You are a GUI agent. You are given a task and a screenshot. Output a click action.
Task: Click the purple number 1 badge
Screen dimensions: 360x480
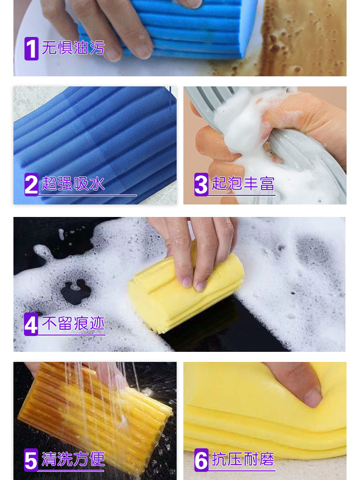(31, 48)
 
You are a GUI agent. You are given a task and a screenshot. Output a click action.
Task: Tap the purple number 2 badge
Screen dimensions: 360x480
(31, 184)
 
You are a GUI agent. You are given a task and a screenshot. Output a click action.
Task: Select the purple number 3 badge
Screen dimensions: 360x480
(201, 184)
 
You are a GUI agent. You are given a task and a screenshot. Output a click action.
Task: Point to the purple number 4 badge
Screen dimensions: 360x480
(31, 324)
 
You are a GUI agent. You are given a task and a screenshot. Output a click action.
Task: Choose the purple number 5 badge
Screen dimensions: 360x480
(31, 460)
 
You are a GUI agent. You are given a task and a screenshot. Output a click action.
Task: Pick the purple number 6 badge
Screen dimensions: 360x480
(201, 460)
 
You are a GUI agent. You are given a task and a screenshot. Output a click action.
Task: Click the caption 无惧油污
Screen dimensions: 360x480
(73, 48)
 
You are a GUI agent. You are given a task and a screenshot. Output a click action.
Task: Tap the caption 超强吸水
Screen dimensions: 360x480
(73, 184)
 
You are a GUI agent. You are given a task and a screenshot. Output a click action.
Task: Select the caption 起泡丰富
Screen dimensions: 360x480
(243, 184)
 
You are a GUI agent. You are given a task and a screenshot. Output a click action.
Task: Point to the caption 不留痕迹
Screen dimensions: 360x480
(73, 323)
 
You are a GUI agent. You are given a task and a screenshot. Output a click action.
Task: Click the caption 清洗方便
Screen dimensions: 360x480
(73, 459)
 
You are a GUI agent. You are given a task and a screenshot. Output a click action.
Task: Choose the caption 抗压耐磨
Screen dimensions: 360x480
(243, 459)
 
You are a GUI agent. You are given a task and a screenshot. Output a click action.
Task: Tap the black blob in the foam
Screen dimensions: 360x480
(76, 292)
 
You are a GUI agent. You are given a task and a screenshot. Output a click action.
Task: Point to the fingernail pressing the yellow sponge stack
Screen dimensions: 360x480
(312, 398)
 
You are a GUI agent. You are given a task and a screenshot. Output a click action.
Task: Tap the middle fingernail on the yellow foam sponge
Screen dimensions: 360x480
(200, 286)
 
